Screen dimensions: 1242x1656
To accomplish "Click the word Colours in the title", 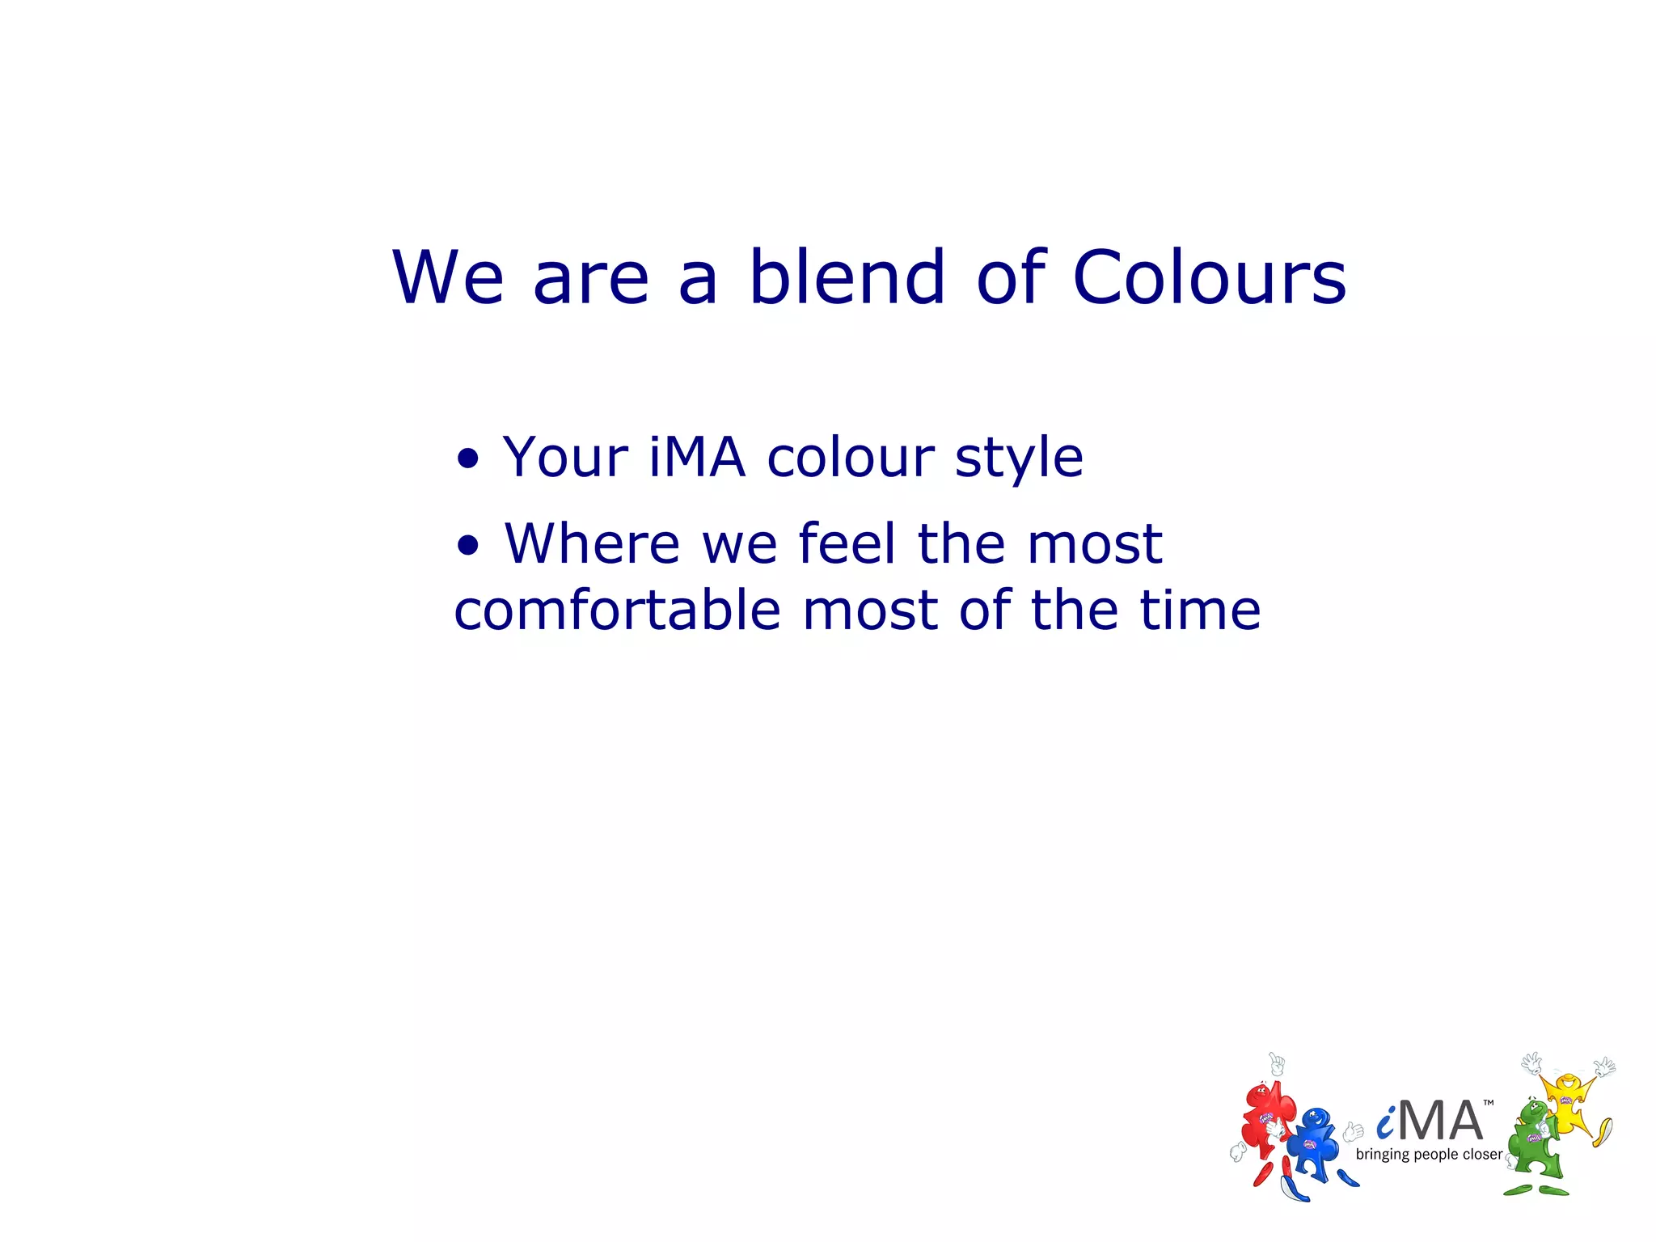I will coord(1209,277).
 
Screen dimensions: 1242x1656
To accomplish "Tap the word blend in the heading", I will coord(847,277).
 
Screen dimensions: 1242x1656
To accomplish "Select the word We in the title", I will coord(449,277).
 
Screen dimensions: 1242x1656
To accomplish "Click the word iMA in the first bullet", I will coord(696,458).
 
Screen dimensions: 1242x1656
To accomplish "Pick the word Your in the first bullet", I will coord(565,458).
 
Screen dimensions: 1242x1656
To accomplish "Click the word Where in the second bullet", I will coord(592,543).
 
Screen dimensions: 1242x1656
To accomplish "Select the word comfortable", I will coord(617,610).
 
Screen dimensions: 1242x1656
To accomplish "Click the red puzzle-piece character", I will coord(1265,1124).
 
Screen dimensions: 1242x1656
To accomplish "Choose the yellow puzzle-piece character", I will coord(1569,1104).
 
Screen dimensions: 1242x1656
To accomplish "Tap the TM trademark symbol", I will coord(1489,1103).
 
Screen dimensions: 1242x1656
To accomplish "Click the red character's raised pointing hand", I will coord(1277,1064).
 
